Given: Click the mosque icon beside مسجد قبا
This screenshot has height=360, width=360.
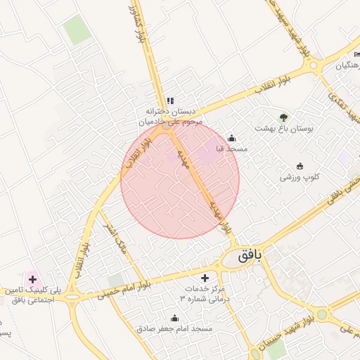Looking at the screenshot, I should [232, 138].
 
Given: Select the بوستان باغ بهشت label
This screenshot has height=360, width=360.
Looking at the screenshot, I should [283, 129].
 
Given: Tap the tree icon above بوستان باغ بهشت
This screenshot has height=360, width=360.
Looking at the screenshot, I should [283, 117].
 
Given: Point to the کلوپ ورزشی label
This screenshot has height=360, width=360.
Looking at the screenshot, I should [300, 177].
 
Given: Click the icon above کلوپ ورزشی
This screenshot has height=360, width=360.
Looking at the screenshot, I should [300, 166].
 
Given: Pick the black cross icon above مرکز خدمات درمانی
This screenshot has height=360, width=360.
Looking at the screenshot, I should [205, 278].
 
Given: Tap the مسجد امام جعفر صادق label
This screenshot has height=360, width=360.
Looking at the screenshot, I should [175, 328].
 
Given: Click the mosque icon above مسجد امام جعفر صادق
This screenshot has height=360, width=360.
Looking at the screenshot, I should [175, 318].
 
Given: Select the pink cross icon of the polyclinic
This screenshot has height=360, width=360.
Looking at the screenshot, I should [32, 279].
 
